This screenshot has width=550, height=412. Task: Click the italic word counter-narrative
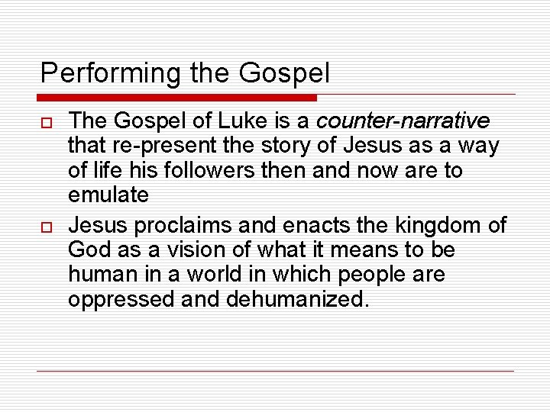(403, 121)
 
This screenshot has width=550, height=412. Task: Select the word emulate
(108, 194)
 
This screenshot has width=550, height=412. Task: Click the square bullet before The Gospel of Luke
(47, 121)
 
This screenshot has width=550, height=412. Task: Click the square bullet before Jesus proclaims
(47, 227)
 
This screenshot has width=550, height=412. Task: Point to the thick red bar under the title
(177, 98)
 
